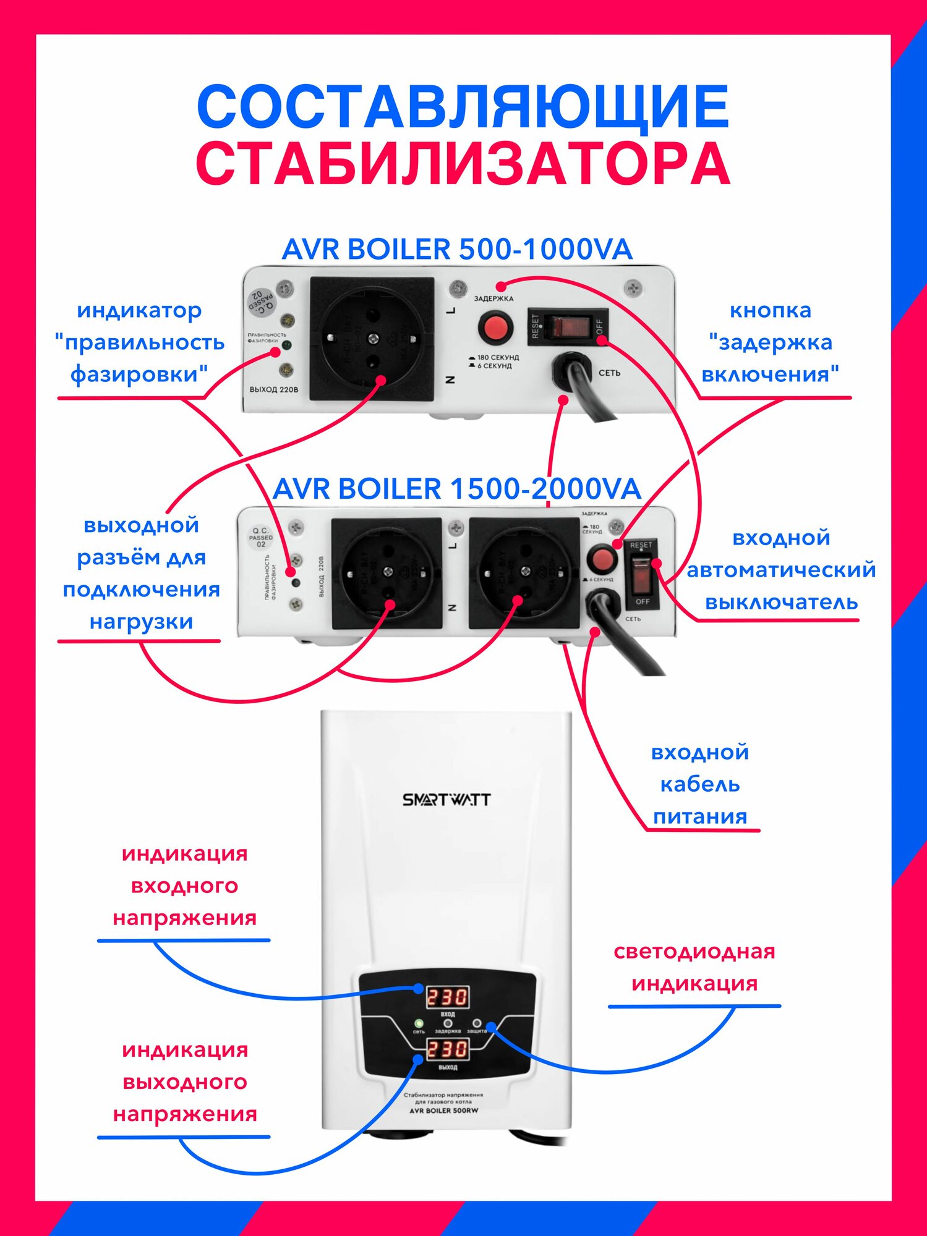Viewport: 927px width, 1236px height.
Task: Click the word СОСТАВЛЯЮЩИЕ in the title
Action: [x=463, y=106]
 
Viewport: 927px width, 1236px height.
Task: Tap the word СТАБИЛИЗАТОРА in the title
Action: [x=463, y=164]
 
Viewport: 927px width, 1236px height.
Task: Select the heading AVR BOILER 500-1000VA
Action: [x=457, y=250]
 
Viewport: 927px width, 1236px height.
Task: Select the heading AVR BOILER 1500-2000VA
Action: [x=456, y=489]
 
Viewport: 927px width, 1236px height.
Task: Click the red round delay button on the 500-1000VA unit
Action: [x=495, y=328]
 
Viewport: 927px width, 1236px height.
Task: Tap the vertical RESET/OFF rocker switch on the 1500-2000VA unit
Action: [x=641, y=572]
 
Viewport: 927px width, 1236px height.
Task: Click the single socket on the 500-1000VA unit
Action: [x=372, y=339]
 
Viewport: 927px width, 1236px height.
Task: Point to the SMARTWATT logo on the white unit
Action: [x=446, y=800]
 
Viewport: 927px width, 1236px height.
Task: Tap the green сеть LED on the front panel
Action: [x=419, y=1023]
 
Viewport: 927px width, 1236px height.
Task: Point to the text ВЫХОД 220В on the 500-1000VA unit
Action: [x=273, y=390]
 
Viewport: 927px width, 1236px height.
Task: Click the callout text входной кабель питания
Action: [x=700, y=784]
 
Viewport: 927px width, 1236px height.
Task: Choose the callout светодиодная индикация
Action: [x=694, y=967]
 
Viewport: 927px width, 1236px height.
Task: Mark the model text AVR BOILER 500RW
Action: [x=443, y=1111]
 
